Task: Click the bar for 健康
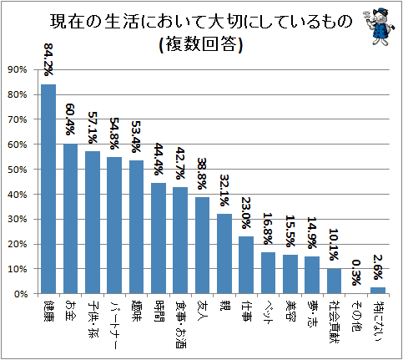[x=48, y=189]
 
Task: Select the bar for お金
[x=70, y=219]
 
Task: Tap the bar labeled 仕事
[x=246, y=265]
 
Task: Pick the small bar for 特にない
[x=378, y=291]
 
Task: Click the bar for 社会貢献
[x=334, y=281]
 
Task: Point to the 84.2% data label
[x=48, y=59]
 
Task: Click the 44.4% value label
[x=159, y=160]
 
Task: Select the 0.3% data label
[x=356, y=272]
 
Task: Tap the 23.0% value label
[x=246, y=213]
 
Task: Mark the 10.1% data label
[x=334, y=245]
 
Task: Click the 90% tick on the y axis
[x=18, y=70]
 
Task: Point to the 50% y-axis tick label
[x=18, y=170]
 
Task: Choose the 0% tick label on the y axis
[x=20, y=294]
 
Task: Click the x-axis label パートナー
[x=114, y=325]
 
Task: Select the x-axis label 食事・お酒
[x=180, y=324]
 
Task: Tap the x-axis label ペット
[x=268, y=312]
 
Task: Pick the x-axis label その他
[x=356, y=316]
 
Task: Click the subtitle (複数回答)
[x=201, y=44]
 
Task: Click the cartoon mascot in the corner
[x=380, y=26]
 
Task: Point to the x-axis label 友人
[x=203, y=311]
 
